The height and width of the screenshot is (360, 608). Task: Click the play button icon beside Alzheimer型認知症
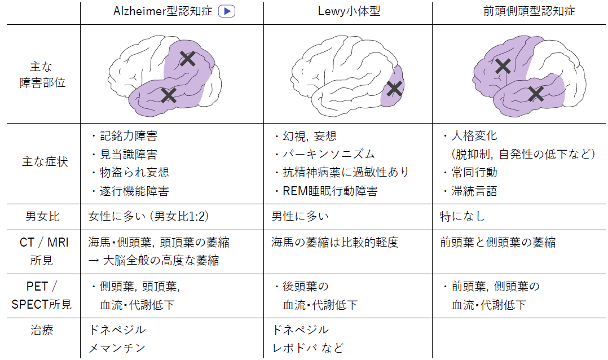click(x=227, y=12)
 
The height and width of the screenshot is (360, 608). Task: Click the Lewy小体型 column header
click(x=349, y=11)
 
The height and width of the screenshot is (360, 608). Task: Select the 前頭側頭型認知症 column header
click(x=529, y=11)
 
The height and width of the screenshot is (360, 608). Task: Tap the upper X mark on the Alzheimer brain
click(x=188, y=59)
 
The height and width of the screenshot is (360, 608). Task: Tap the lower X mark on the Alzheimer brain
click(x=169, y=95)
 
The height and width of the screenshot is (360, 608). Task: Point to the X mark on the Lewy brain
click(x=394, y=89)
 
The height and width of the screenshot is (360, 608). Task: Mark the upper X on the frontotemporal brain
click(x=503, y=67)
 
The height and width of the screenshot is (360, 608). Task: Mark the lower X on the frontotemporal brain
click(x=536, y=94)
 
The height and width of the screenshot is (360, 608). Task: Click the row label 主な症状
click(x=45, y=162)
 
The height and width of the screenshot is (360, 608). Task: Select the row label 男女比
click(x=42, y=217)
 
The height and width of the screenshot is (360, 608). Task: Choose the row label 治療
click(x=42, y=330)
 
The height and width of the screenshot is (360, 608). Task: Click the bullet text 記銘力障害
click(x=129, y=136)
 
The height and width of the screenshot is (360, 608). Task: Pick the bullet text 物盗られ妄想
click(x=135, y=172)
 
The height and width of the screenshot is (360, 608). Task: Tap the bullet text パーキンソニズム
click(x=329, y=154)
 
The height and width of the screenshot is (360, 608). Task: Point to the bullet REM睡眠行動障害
click(x=330, y=191)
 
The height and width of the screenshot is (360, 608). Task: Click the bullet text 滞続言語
click(x=474, y=191)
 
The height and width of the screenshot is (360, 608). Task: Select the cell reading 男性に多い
click(x=300, y=217)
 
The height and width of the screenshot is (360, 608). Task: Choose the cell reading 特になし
click(x=462, y=217)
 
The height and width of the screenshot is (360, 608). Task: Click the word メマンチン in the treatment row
click(x=117, y=348)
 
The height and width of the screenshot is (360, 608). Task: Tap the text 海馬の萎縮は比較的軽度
click(x=335, y=243)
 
